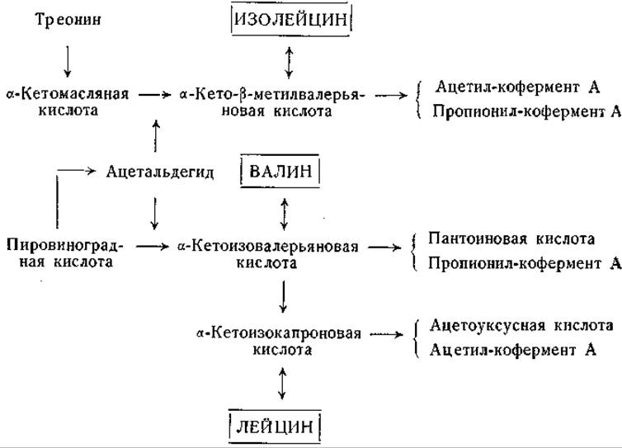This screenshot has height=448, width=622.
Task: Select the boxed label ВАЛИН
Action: tap(280, 171)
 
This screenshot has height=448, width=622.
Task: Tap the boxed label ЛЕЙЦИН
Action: tap(275, 427)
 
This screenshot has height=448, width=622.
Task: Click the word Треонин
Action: tap(68, 19)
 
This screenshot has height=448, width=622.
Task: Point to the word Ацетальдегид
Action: tap(160, 172)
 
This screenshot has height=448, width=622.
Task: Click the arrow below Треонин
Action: tap(68, 61)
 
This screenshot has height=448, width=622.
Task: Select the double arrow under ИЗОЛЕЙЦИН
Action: tap(290, 63)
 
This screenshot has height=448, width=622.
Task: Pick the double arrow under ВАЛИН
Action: tap(284, 215)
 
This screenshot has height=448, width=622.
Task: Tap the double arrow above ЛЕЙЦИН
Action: tap(282, 383)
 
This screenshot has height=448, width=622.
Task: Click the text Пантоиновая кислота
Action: tap(511, 239)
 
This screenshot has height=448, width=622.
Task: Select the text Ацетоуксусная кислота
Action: tap(521, 326)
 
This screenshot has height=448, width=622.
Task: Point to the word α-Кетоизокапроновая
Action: tap(279, 333)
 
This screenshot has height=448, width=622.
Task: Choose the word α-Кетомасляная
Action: tap(68, 94)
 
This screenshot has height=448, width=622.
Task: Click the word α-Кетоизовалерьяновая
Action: tap(268, 247)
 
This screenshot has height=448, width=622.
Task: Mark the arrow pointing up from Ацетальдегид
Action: tap(156, 135)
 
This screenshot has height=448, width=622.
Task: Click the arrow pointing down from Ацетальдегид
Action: tap(154, 214)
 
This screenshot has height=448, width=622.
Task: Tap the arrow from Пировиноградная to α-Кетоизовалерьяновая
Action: tap(153, 247)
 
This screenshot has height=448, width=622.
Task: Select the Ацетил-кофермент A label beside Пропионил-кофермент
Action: tap(517, 87)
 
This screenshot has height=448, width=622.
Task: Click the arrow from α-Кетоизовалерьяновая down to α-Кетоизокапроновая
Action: tap(283, 297)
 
